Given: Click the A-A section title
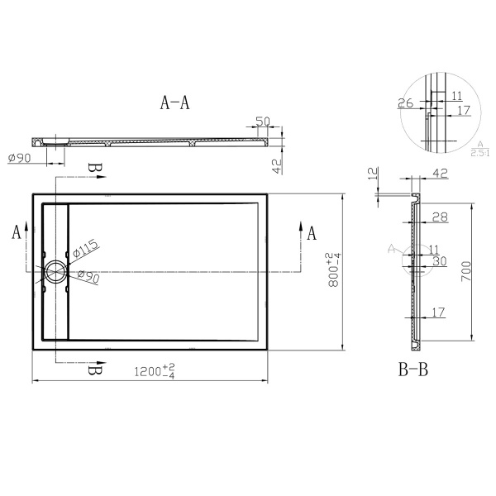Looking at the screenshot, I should pyautogui.click(x=175, y=103).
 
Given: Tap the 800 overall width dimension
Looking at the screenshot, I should pyautogui.click(x=333, y=269).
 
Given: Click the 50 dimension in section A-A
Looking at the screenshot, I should pyautogui.click(x=263, y=122).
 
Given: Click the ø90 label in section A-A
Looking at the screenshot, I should pyautogui.click(x=19, y=158).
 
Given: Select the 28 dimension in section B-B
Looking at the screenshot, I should pyautogui.click(x=440, y=217).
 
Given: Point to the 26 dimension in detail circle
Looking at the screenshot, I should pyautogui.click(x=405, y=103).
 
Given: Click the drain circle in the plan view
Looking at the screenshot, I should pyautogui.click(x=55, y=271).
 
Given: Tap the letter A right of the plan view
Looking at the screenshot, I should pyautogui.click(x=312, y=234).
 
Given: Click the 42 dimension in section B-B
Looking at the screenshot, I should pyautogui.click(x=439, y=174).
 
